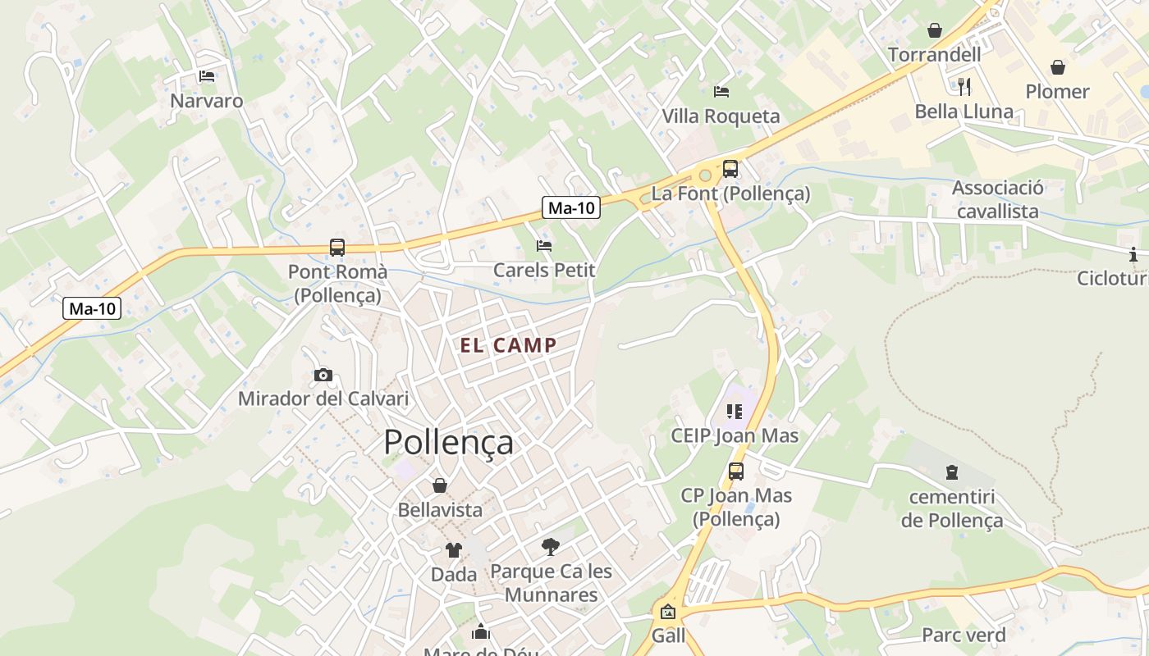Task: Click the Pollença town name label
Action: click(x=448, y=442)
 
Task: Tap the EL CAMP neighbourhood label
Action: click(x=508, y=345)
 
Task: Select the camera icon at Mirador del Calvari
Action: click(x=323, y=376)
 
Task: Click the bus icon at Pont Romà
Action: click(x=336, y=247)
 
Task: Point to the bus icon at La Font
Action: click(x=730, y=169)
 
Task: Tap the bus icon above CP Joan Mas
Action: click(x=736, y=471)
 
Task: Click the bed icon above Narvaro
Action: click(x=207, y=76)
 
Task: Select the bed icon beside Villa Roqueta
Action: click(x=721, y=91)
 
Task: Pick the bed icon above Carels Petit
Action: click(x=543, y=245)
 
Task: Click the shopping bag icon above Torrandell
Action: click(x=934, y=30)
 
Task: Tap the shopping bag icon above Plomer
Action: click(x=1058, y=66)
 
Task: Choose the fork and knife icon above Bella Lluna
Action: click(x=964, y=86)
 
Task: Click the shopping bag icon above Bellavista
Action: click(x=440, y=485)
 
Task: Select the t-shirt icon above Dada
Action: click(x=454, y=550)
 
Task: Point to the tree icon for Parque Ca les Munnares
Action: click(x=551, y=546)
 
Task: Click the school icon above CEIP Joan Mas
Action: click(x=734, y=411)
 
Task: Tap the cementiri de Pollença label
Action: click(x=952, y=508)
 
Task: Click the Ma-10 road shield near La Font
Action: click(x=571, y=207)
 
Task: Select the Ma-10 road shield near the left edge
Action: click(x=92, y=308)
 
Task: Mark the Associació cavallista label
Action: click(x=997, y=199)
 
